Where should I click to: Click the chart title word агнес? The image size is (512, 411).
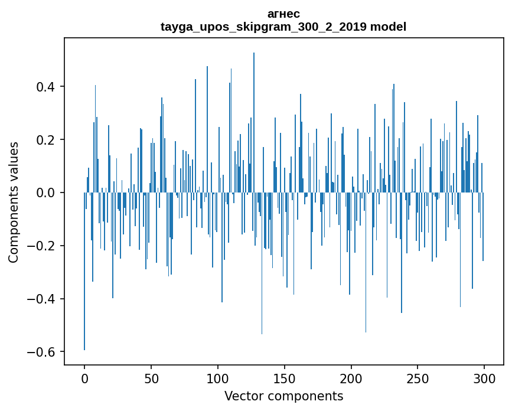283,14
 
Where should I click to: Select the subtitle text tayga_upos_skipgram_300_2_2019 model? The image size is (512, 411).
283,27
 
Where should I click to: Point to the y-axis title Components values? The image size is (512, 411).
14,202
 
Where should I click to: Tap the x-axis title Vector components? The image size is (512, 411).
283,396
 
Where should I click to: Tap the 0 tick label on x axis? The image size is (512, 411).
84,378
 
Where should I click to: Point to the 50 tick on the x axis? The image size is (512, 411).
151,378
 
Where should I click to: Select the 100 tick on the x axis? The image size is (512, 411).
218,378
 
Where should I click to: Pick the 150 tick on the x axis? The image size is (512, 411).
284,378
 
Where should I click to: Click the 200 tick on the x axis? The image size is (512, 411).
351,378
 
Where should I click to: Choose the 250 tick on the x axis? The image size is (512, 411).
418,378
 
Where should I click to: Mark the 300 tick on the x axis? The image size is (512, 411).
484,378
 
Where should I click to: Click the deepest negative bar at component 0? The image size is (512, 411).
84,272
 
